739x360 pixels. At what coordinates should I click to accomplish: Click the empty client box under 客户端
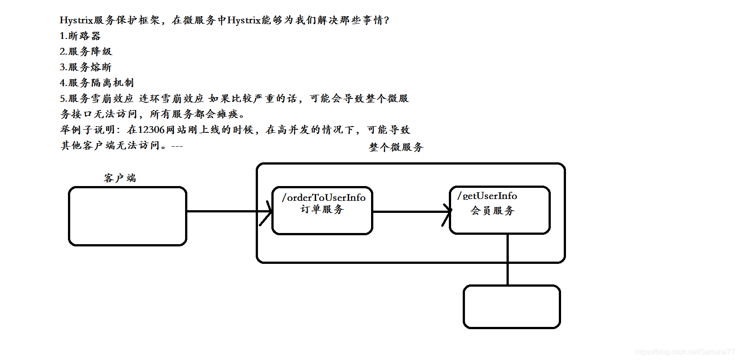(x=127, y=216)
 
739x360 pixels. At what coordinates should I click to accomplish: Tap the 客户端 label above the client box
(x=119, y=178)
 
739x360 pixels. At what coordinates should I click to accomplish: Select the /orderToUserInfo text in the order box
(x=324, y=198)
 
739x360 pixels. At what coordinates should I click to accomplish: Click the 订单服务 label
(x=322, y=209)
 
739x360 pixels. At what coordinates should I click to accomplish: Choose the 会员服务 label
(x=493, y=210)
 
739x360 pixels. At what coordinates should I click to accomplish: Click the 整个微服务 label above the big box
(x=396, y=147)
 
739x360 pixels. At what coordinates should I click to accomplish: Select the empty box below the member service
(x=512, y=307)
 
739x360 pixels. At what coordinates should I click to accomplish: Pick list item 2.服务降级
(x=86, y=51)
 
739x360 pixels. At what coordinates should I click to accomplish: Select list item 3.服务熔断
(x=86, y=67)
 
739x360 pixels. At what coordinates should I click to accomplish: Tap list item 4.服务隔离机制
(x=97, y=83)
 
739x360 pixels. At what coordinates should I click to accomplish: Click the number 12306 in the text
(x=152, y=130)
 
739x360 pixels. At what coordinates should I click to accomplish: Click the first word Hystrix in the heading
(x=76, y=20)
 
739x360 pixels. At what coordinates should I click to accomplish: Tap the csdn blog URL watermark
(x=684, y=352)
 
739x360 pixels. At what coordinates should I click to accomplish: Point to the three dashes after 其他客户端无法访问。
(x=177, y=146)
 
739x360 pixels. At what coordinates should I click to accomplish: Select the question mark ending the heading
(x=387, y=20)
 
